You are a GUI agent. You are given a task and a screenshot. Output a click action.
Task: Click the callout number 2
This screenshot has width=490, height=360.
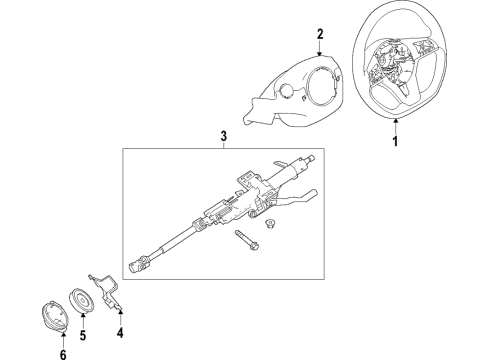tap(319, 35)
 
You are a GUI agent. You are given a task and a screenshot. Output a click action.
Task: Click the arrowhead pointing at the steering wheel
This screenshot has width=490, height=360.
tap(396, 122)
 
